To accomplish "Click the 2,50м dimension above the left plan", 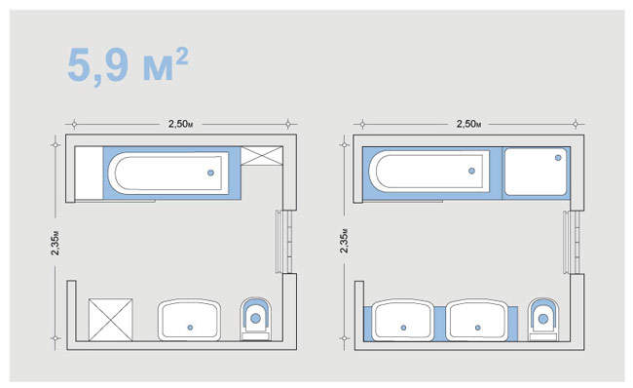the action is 180,124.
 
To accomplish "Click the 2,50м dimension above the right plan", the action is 468,124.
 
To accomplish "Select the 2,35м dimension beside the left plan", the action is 56,243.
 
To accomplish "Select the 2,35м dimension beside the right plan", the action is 344,242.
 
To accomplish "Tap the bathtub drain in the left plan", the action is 210,173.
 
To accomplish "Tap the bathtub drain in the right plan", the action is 471,171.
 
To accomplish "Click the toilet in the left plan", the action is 255,319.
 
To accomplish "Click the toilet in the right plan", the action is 543,320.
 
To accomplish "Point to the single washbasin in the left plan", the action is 189,320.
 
